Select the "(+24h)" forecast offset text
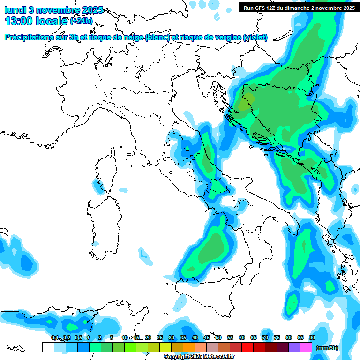click(81, 21)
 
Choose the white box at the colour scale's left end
click(48, 347)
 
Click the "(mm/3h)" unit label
click(327, 348)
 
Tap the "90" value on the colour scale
click(312, 337)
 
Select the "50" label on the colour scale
click(218, 337)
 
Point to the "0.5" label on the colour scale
click(78, 337)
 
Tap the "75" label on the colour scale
click(277, 337)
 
